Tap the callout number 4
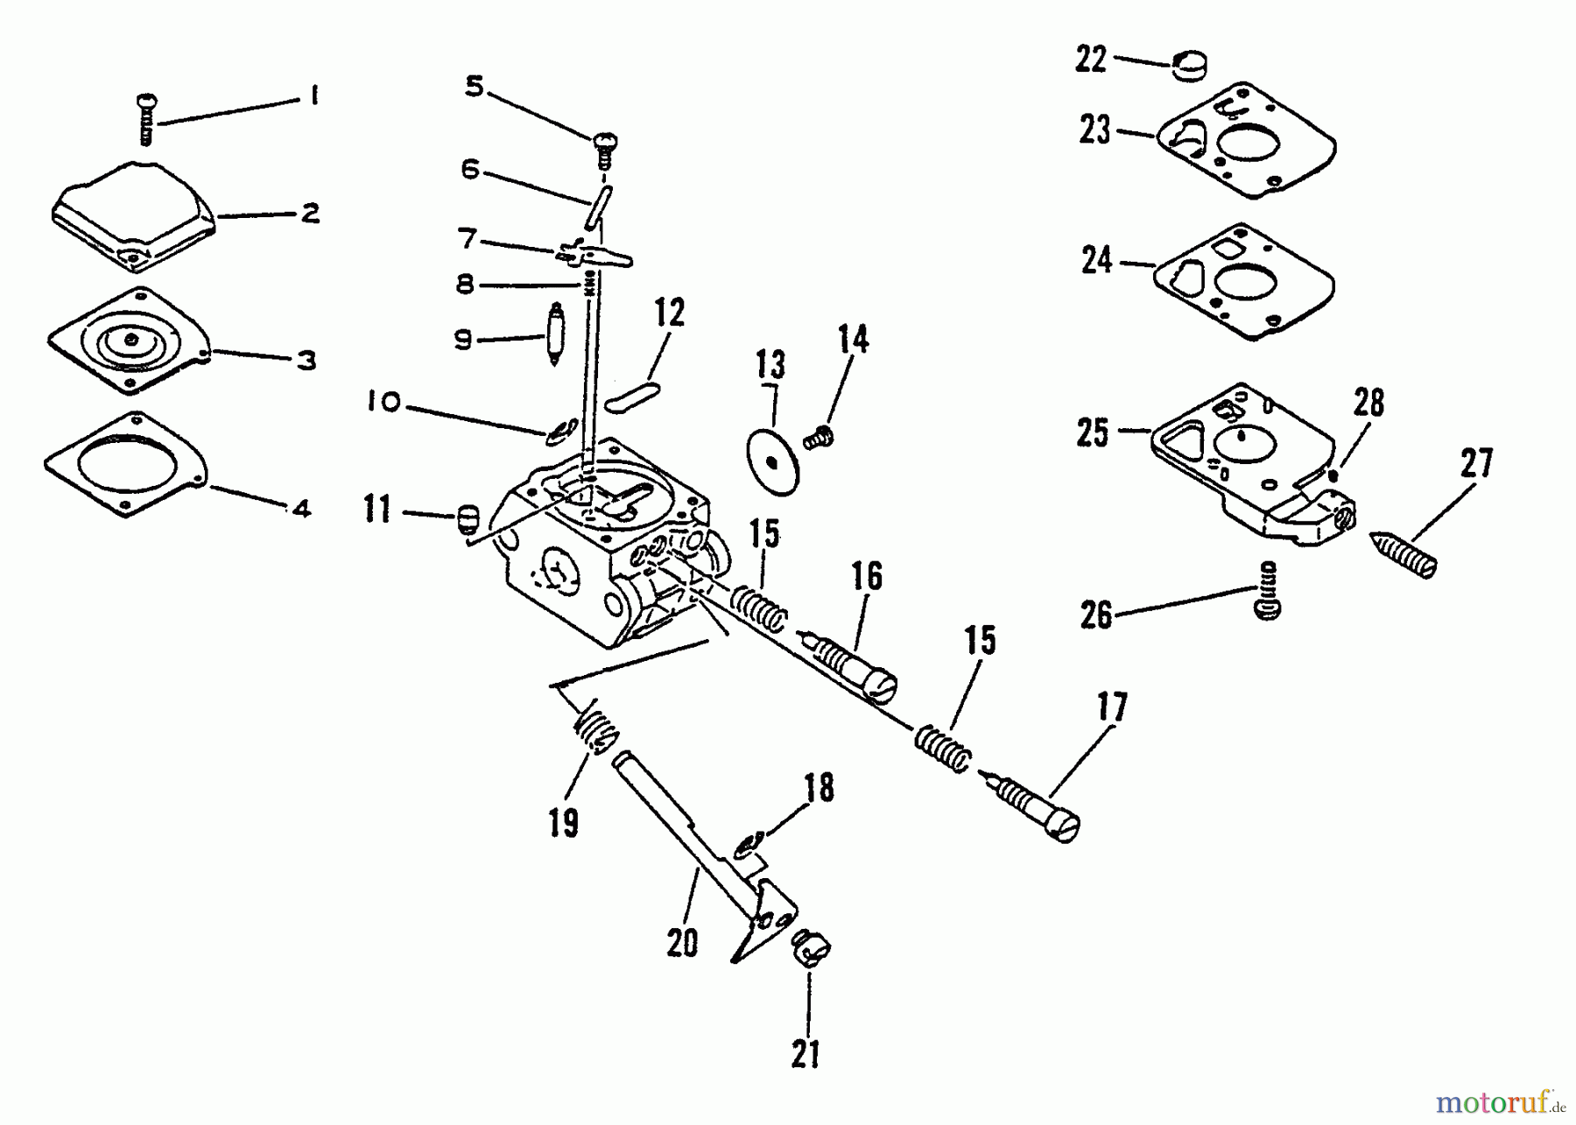pos(301,509)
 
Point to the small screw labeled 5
pos(604,147)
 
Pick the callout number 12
pos(670,313)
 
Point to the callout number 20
pos(682,943)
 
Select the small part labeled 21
pos(810,950)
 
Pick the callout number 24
pos(1096,261)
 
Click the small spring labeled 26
pos(1267,591)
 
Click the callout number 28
pos(1368,404)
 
